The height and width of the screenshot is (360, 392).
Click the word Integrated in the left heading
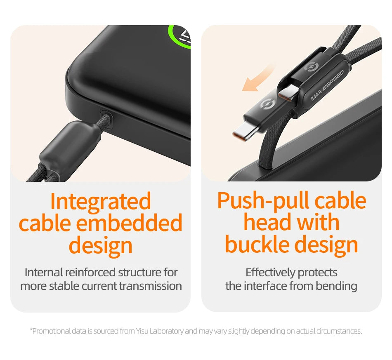click(x=101, y=201)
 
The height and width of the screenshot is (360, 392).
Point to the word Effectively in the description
click(x=270, y=272)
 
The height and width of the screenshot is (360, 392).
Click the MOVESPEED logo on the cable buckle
click(x=327, y=85)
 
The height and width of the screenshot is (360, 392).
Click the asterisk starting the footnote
click(x=31, y=330)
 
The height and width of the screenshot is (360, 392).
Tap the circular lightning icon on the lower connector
click(x=267, y=103)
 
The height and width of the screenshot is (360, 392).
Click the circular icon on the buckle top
click(x=312, y=67)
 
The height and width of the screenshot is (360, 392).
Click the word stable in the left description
click(x=64, y=286)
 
